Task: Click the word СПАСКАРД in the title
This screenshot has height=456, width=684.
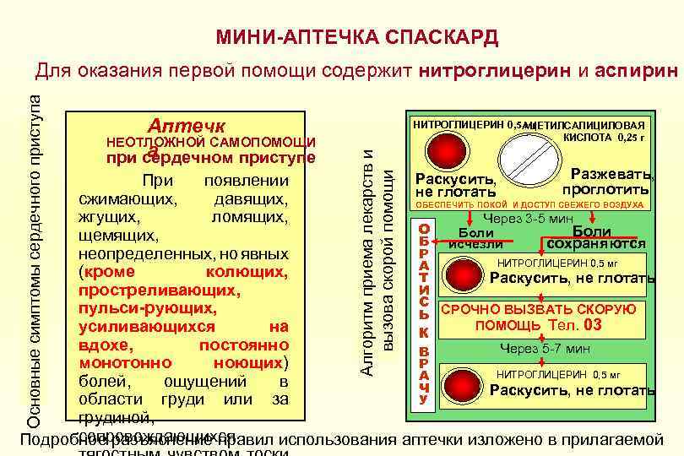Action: pyautogui.click(x=443, y=38)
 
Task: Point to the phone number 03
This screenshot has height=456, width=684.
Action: pyautogui.click(x=593, y=325)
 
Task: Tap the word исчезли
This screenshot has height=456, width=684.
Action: pyautogui.click(x=480, y=245)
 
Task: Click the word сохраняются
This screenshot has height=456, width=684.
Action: pyautogui.click(x=598, y=245)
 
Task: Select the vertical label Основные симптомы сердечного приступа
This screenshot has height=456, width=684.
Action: pyautogui.click(x=34, y=253)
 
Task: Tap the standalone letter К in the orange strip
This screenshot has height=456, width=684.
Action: pyautogui.click(x=425, y=333)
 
